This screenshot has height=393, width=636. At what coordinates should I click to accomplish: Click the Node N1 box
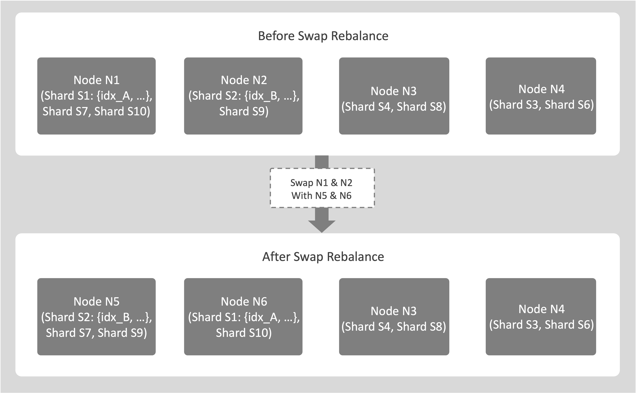(96, 96)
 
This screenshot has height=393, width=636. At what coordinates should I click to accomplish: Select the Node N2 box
(243, 96)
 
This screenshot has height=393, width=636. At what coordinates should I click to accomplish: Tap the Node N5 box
(96, 317)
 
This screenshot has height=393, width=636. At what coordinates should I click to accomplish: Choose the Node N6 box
(243, 317)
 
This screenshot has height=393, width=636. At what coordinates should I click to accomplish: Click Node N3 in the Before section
(394, 96)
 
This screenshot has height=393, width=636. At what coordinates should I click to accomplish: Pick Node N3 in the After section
(394, 317)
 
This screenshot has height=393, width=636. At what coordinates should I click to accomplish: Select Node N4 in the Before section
(541, 96)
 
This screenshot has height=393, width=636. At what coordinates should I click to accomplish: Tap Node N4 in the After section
(541, 317)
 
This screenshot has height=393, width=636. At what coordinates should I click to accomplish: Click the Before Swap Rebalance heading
(323, 36)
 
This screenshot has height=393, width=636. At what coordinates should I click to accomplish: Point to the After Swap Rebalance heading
(323, 257)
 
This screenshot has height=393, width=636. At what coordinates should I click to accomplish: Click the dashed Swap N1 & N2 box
(322, 188)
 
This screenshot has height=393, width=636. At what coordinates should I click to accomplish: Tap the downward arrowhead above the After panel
(322, 226)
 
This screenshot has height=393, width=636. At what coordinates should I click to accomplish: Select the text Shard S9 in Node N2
(244, 111)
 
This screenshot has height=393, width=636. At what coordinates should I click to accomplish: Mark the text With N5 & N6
(322, 195)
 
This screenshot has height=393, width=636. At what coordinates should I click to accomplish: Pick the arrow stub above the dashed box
(322, 162)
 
